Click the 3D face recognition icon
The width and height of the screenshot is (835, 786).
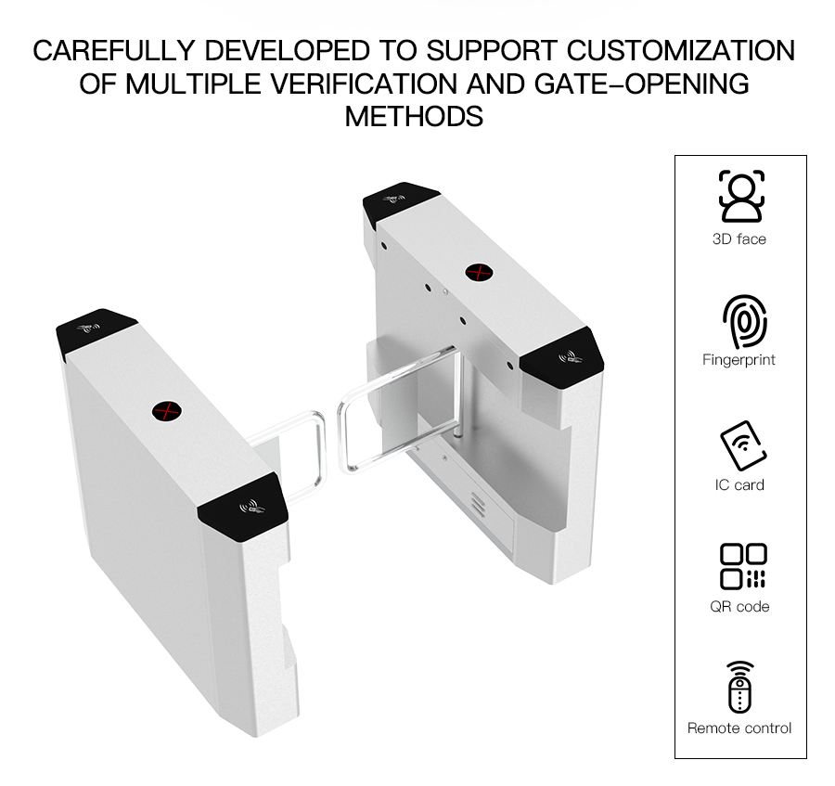[740, 196]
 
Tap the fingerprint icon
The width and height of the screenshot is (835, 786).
[745, 321]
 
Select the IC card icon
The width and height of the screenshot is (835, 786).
[743, 446]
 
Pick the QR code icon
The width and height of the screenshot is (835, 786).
[743, 566]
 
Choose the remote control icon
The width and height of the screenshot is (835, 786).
[739, 687]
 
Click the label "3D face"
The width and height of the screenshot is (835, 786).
[739, 239]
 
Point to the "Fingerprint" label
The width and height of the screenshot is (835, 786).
[739, 360]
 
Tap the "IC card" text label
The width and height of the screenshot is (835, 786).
[739, 485]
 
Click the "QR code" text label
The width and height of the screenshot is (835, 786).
[739, 607]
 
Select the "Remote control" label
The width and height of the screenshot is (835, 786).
[739, 728]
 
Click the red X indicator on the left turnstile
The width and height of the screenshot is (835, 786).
[167, 411]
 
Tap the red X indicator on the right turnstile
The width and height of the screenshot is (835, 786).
[479, 273]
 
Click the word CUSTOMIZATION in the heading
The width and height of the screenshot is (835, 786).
[681, 51]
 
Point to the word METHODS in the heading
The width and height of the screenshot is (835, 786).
[414, 117]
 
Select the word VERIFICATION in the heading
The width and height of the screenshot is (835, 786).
[364, 84]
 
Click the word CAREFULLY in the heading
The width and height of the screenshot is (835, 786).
[114, 51]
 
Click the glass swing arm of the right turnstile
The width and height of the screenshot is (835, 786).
[398, 410]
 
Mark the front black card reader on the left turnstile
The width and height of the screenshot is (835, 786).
[243, 506]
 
